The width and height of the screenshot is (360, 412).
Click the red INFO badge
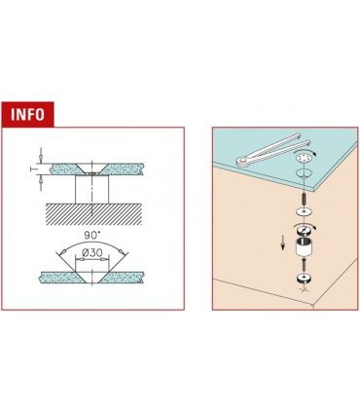point(27,114)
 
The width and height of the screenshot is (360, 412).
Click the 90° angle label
point(91,235)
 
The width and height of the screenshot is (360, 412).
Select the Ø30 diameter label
point(92,252)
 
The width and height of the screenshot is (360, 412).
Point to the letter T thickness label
point(32,169)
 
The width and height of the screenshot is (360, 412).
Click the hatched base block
point(93,214)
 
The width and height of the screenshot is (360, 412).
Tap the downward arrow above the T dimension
point(41,155)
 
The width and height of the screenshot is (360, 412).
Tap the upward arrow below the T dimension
point(41,183)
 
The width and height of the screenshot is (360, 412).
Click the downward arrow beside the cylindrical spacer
point(283,243)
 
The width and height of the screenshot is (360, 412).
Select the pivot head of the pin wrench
point(242,160)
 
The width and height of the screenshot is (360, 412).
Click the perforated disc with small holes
point(304,158)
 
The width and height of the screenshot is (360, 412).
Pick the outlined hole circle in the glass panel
point(304,173)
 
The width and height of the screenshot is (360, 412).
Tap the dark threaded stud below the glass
point(304,198)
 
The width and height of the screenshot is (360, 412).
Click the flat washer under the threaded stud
point(305,212)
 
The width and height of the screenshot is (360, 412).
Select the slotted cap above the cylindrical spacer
point(305,231)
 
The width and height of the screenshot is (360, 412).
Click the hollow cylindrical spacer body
point(305,246)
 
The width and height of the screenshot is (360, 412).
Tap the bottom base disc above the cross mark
point(305,280)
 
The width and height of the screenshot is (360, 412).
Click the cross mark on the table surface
point(305,289)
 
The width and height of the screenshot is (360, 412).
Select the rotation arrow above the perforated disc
point(304,151)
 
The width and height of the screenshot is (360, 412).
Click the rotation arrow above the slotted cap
point(303,225)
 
